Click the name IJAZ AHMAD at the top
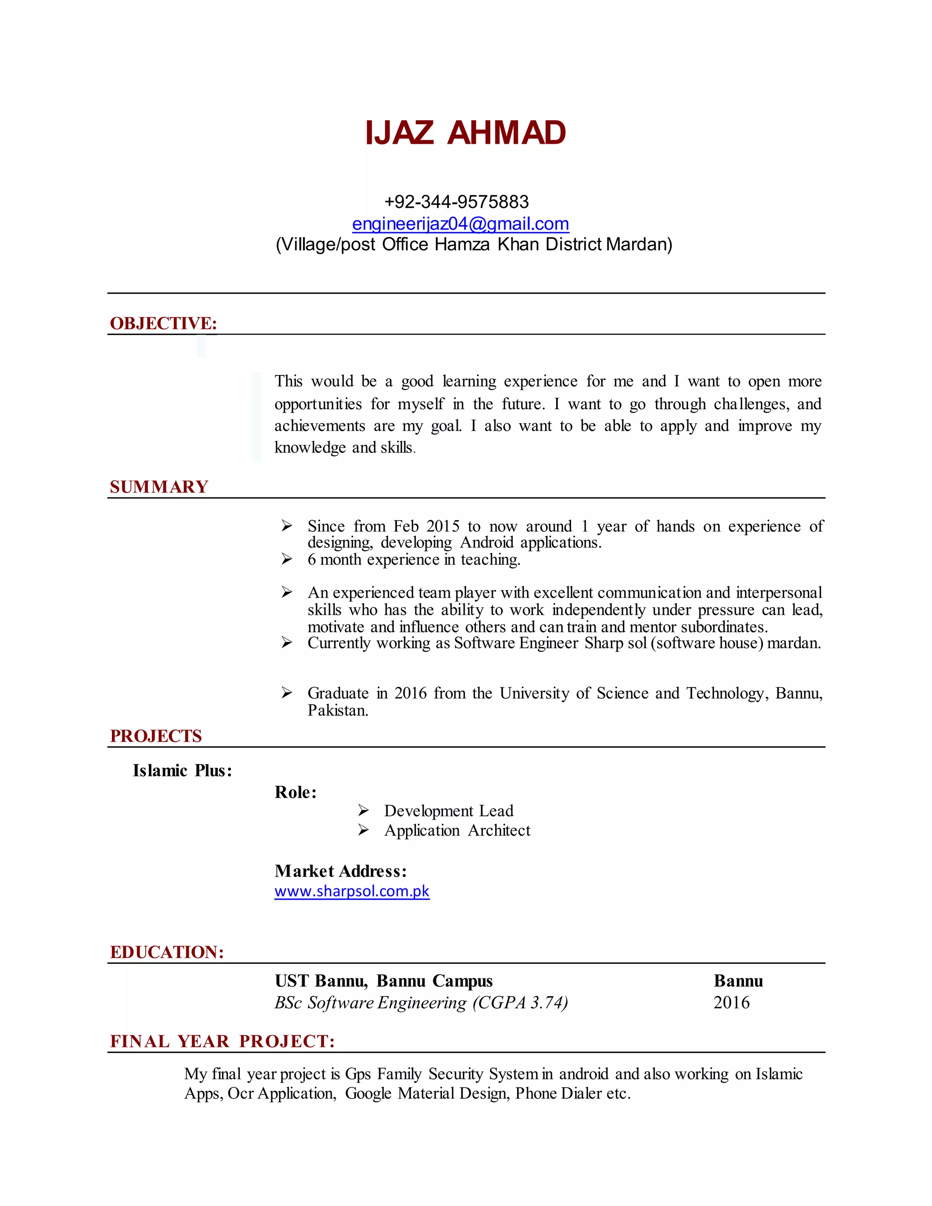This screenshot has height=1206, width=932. (466, 133)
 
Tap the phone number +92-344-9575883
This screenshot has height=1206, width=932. (456, 202)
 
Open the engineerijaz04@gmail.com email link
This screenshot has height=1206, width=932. (461, 223)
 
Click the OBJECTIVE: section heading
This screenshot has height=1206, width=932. (163, 323)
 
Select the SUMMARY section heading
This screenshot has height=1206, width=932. (159, 486)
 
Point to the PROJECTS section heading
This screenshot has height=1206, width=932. (156, 735)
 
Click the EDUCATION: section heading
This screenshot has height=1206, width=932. (167, 952)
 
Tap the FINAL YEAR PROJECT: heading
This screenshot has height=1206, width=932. (223, 1041)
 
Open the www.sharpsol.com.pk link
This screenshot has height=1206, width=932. (352, 891)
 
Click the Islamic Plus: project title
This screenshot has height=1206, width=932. (182, 770)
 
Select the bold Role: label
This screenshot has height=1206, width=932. (295, 792)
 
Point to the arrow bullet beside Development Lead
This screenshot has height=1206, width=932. (363, 810)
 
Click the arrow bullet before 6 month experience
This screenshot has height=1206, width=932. (287, 559)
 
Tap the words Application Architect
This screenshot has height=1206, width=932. (457, 830)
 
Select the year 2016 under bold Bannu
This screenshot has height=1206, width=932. (731, 1002)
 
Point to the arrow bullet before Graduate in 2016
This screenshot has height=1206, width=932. (287, 693)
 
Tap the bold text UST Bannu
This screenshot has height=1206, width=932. (321, 981)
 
